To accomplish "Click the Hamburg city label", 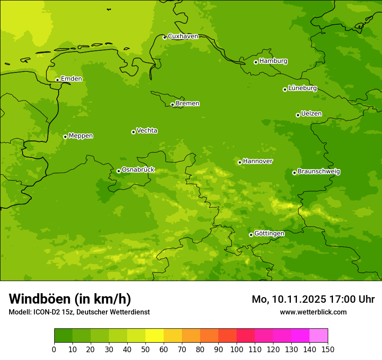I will pos(273,61).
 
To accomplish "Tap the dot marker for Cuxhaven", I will pos(165,37).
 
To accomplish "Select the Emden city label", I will pos(71,79).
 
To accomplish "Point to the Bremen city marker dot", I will pos(172,105).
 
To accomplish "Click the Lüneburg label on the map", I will pos(302,88).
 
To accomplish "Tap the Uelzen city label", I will pos(311,114).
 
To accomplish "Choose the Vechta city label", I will pos(147,131).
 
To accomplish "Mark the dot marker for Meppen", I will pos(65,137).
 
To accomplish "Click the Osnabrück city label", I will pos(138,170).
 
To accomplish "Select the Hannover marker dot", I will pos(240,162).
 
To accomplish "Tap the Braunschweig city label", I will pos(319,172).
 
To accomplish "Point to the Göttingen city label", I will pos(269,233).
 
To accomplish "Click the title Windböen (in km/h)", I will pos(70,299).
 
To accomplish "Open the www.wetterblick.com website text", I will pos(313,312).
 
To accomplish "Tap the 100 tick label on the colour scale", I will pos(236,349).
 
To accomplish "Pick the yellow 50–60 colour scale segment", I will pos(155,336).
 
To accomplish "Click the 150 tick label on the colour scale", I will pos(327,349).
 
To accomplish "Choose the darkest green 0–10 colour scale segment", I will pos(63,336).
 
